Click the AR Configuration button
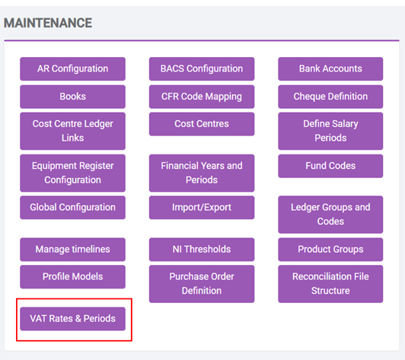click(x=72, y=69)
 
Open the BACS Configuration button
click(x=202, y=69)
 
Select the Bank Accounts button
click(x=330, y=69)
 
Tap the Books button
click(x=72, y=97)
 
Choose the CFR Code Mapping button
click(x=202, y=97)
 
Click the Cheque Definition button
click(x=330, y=97)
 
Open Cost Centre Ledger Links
click(x=72, y=131)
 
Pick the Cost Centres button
click(x=202, y=124)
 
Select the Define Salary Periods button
click(x=330, y=131)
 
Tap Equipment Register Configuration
click(x=72, y=173)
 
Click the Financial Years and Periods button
click(x=202, y=173)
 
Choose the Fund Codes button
click(x=330, y=166)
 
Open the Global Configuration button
click(x=72, y=208)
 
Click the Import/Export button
click(x=202, y=208)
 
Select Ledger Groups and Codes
click(x=330, y=215)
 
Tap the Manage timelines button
click(x=72, y=250)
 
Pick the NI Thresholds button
click(x=202, y=250)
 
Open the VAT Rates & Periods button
click(x=72, y=319)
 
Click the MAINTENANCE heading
click(x=48, y=23)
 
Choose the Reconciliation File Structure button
click(x=330, y=284)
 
